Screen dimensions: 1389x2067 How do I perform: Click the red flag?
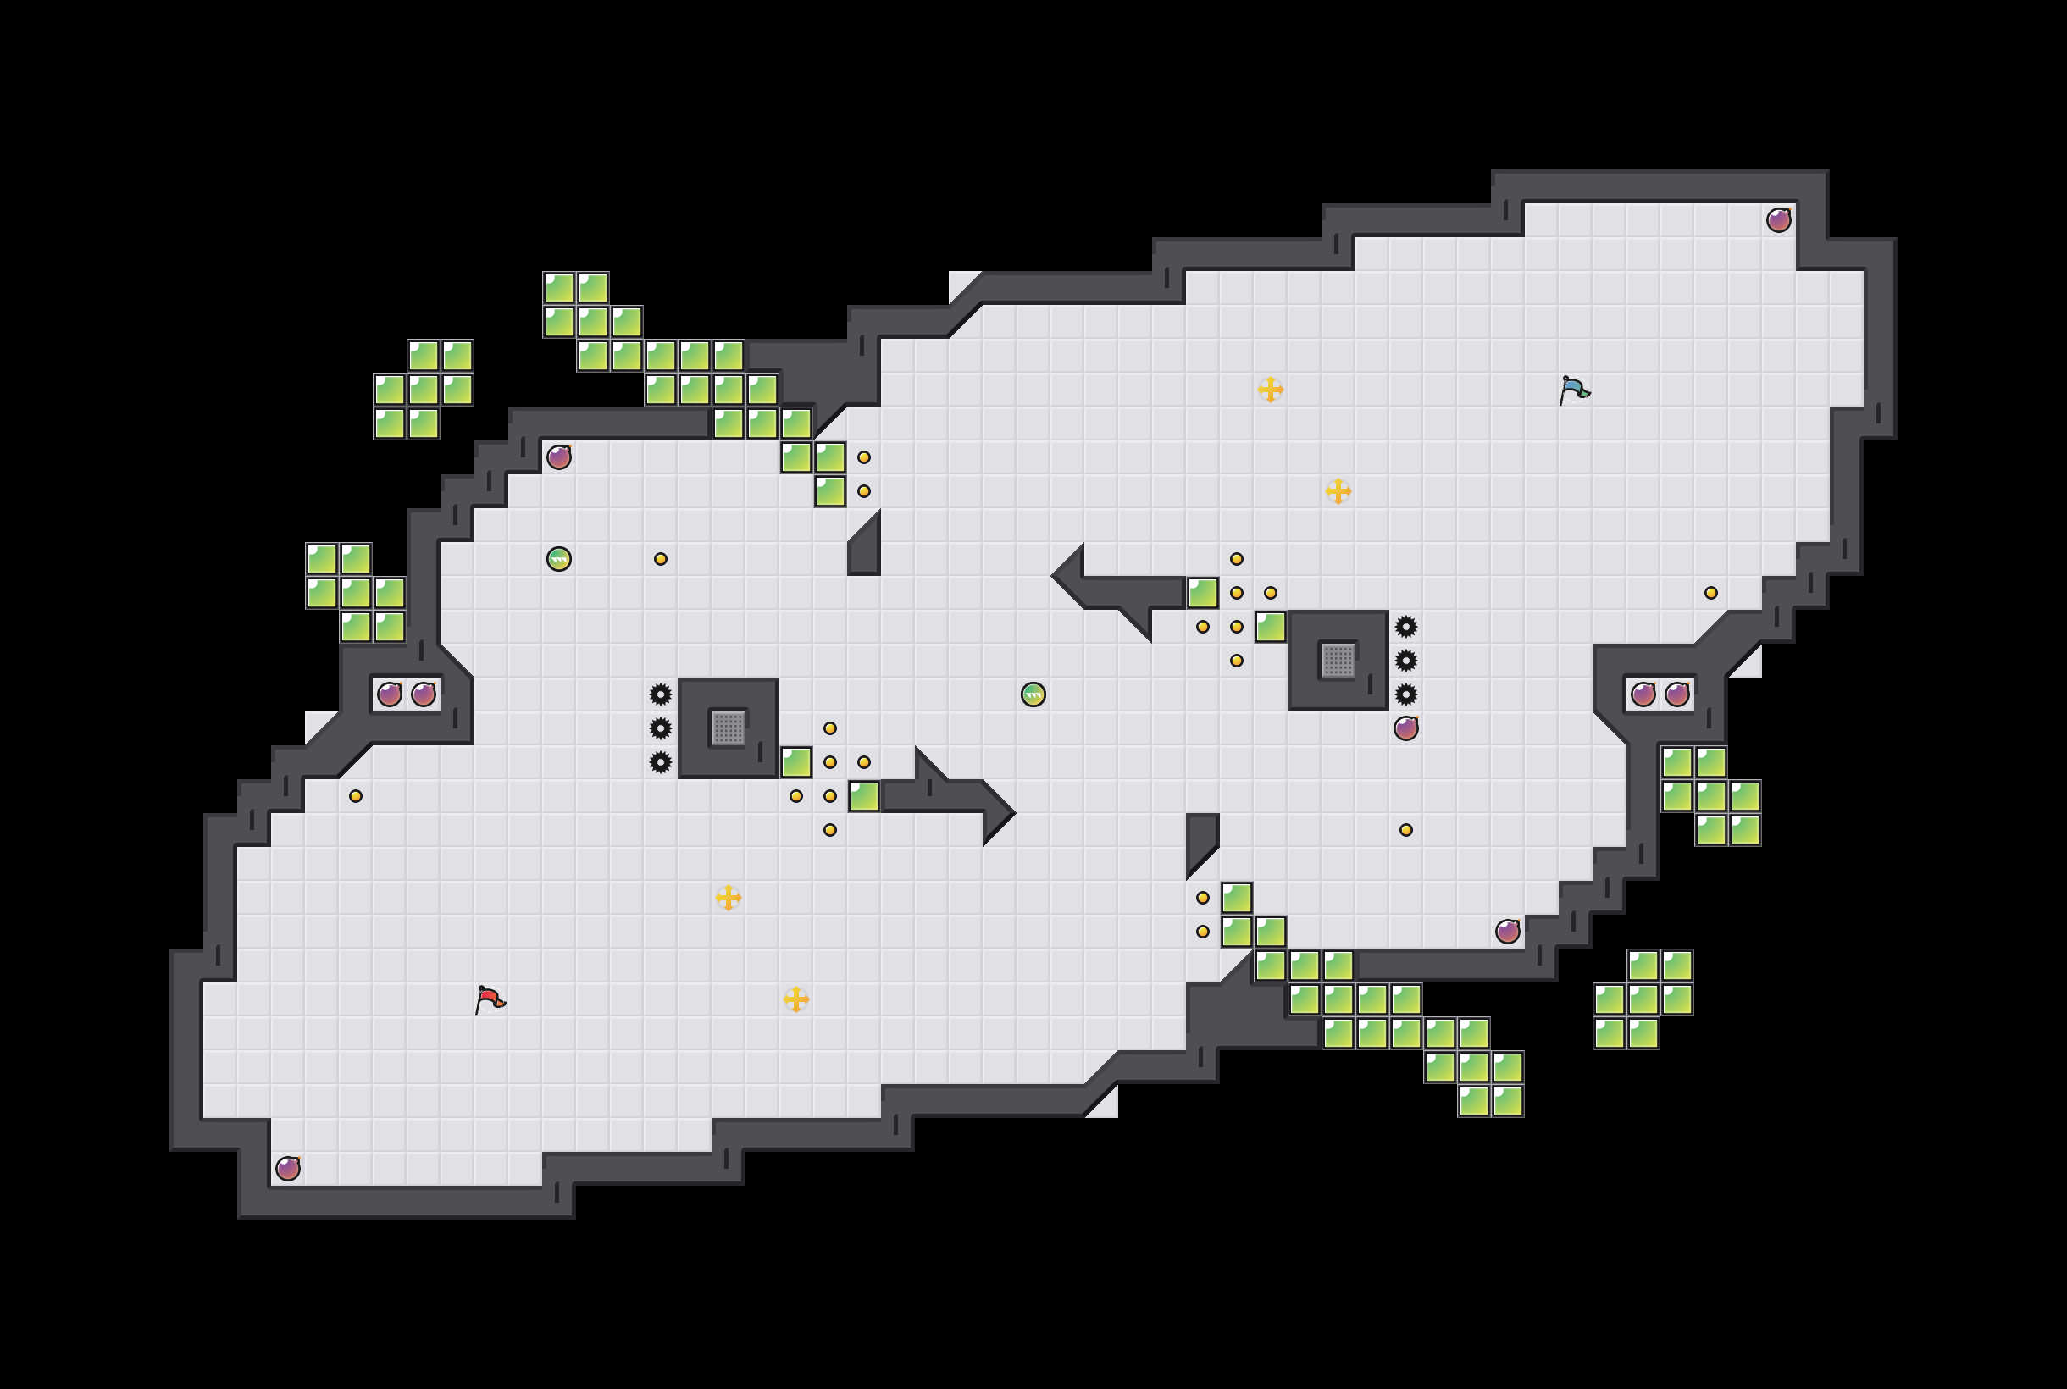tap(490, 999)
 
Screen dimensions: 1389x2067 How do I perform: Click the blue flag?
tap(1573, 390)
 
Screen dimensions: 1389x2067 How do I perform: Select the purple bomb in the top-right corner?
tap(1778, 219)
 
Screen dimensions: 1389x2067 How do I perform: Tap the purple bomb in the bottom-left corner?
tap(288, 1169)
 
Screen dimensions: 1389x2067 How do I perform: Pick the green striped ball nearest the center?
tap(1033, 694)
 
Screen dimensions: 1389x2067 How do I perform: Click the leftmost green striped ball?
tap(559, 559)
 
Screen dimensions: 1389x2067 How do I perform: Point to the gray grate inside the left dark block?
tap(729, 728)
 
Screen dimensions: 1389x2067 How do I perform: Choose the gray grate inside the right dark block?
tap(1338, 660)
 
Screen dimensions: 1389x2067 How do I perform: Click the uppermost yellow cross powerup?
tap(1271, 390)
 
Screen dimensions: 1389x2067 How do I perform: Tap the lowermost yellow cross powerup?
tap(796, 999)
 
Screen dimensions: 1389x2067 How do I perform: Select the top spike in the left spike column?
tap(661, 694)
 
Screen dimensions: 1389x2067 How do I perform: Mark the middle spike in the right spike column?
tap(1406, 661)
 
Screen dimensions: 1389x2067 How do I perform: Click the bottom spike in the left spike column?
tap(661, 761)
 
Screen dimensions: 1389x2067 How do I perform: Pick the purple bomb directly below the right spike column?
tap(1406, 728)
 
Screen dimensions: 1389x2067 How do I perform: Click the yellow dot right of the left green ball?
tap(661, 559)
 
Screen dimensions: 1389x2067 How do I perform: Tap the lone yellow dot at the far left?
tap(355, 796)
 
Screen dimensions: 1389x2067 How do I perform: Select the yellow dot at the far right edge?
tap(1711, 593)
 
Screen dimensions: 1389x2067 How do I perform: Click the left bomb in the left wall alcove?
tap(390, 694)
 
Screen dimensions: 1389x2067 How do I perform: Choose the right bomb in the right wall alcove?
tap(1677, 694)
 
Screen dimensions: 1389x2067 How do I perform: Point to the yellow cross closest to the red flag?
tap(729, 898)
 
